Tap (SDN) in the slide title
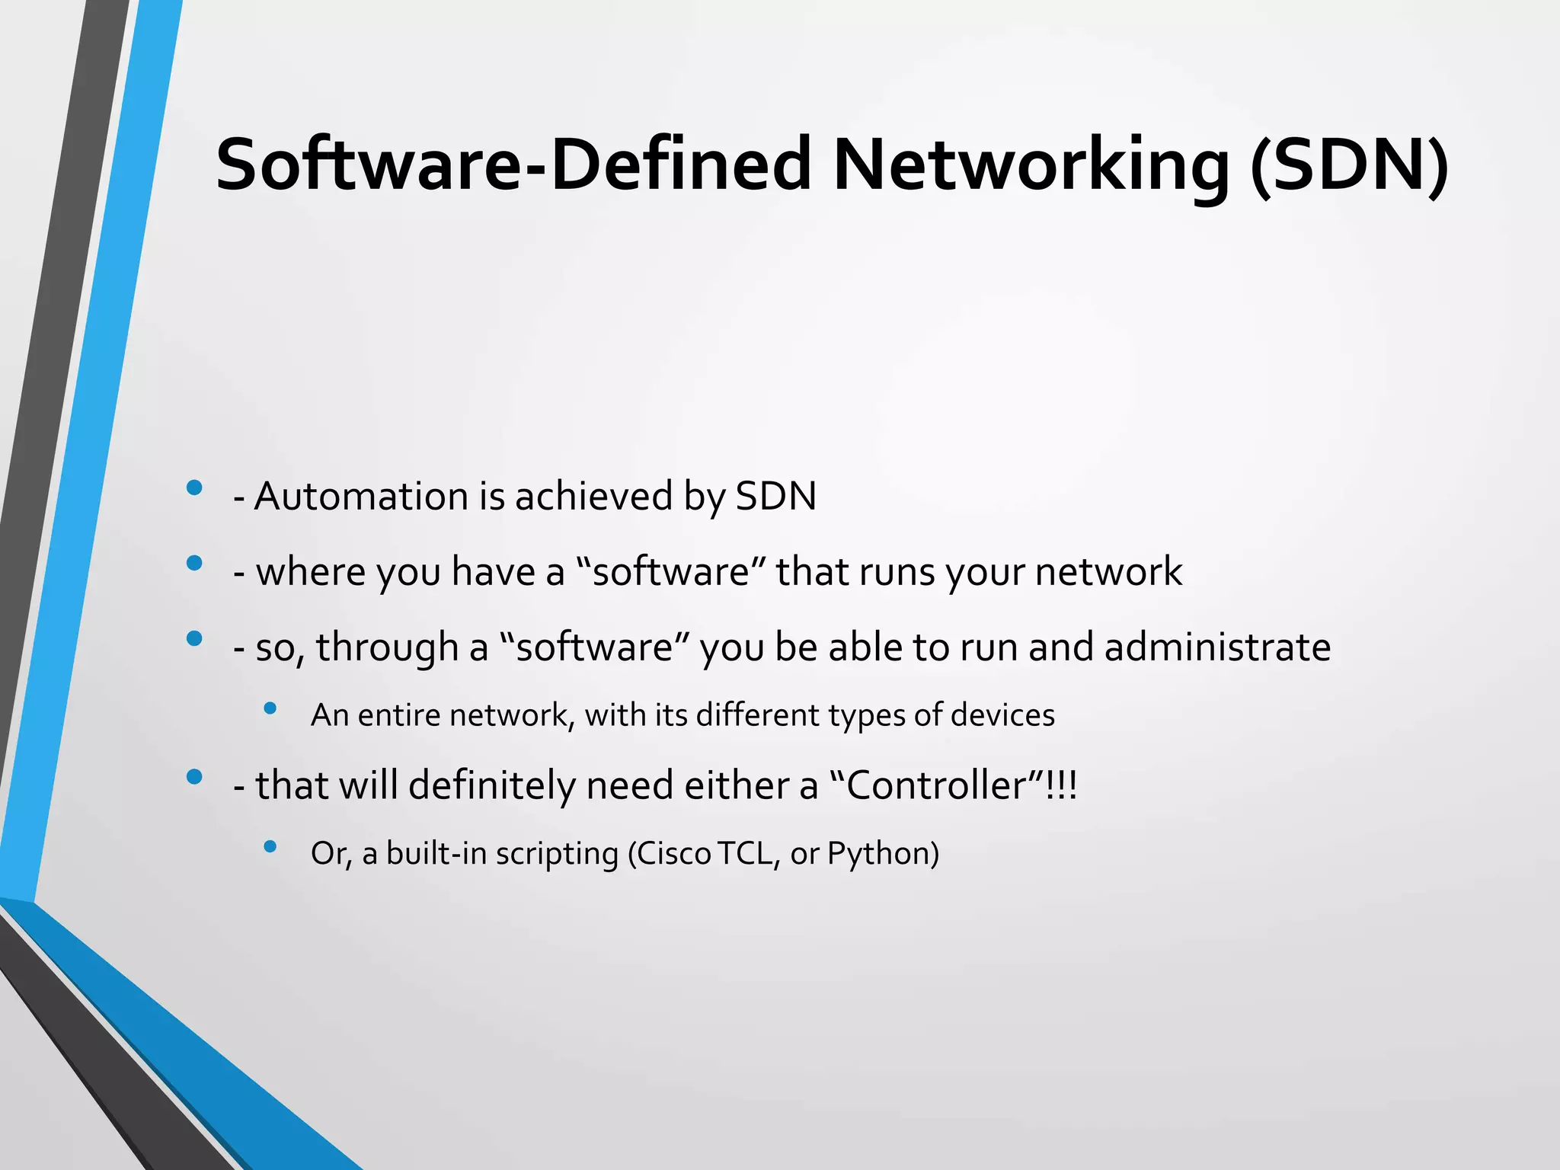coord(1349,165)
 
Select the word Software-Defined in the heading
coord(514,165)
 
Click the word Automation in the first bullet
coord(361,497)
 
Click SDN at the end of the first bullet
coord(775,497)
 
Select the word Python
coord(884,854)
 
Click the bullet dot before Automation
coord(194,487)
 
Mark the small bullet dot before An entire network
coord(270,708)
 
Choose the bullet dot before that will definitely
coord(194,777)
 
